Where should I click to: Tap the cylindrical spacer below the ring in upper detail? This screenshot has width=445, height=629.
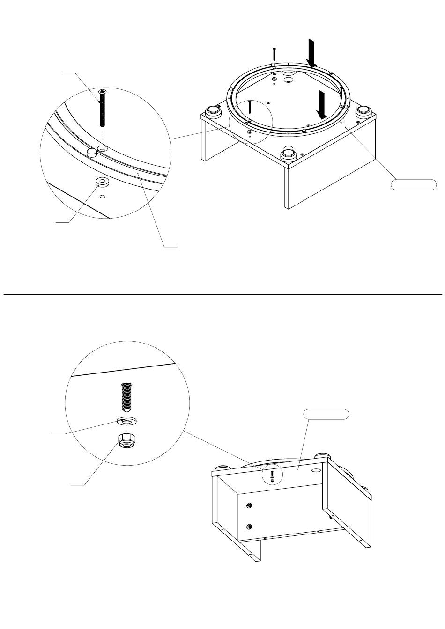click(x=102, y=182)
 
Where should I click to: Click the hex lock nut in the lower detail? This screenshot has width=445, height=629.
click(x=126, y=441)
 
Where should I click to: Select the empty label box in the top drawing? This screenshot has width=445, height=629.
click(x=414, y=184)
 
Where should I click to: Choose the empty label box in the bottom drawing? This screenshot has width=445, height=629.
click(x=326, y=413)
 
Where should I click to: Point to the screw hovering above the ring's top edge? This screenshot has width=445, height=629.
click(x=274, y=54)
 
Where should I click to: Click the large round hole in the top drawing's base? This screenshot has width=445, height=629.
click(x=289, y=81)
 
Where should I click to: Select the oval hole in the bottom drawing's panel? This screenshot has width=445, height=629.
click(x=316, y=469)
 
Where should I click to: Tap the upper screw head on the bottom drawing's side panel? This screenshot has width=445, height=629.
click(x=249, y=505)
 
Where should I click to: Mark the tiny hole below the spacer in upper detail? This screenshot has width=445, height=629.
click(x=103, y=197)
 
